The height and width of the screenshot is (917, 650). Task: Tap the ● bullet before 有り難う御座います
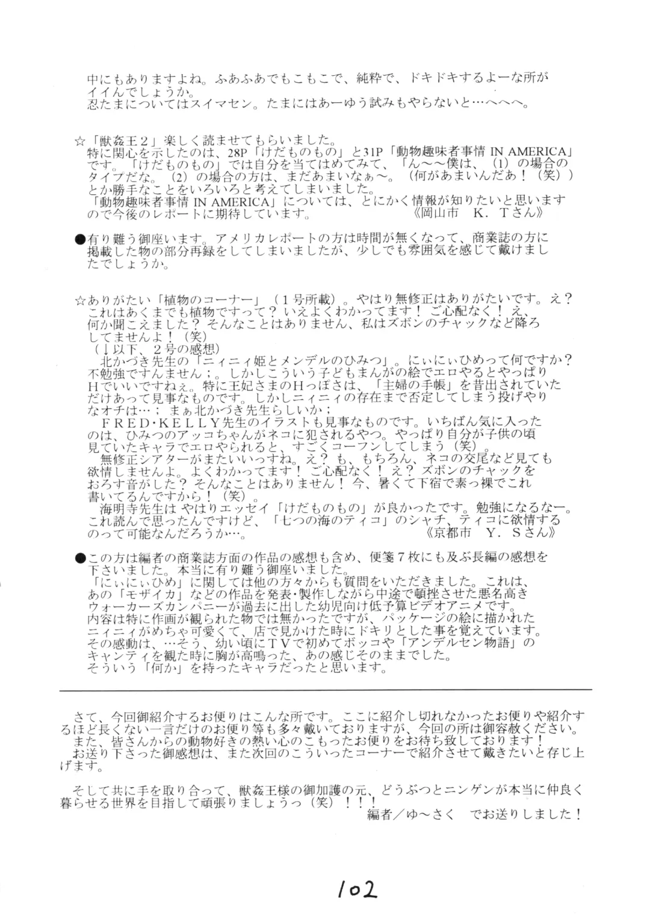coord(79,239)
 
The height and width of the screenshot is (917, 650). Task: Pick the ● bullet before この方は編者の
coord(79,559)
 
